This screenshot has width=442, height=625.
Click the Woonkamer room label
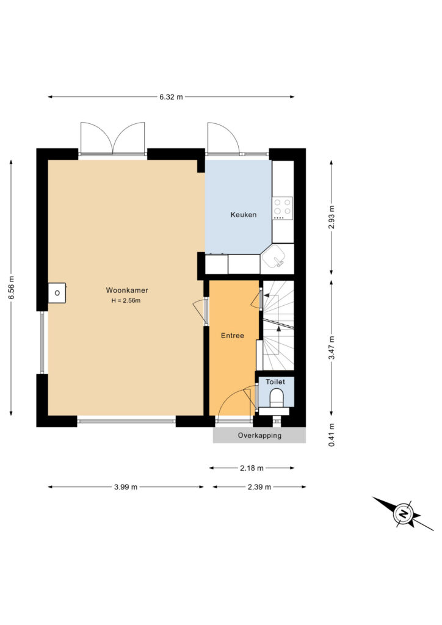point(127,290)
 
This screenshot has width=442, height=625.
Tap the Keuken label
point(244,215)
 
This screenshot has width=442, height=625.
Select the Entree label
point(233,336)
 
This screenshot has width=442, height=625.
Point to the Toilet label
point(275,382)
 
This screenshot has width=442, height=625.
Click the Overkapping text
point(259,435)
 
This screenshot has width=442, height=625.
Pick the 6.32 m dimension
point(171,97)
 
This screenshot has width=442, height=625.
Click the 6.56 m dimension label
point(11,287)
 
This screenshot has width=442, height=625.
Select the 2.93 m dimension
point(331,217)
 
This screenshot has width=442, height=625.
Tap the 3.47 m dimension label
point(331,347)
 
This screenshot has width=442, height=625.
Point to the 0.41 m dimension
point(331,435)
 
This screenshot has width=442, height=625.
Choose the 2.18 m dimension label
point(252,468)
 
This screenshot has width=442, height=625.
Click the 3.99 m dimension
point(126,486)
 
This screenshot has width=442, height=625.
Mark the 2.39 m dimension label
point(259,486)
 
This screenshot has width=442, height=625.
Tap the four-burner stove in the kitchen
point(283,209)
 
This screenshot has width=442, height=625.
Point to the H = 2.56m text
point(126,300)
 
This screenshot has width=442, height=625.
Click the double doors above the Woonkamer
point(112,139)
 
